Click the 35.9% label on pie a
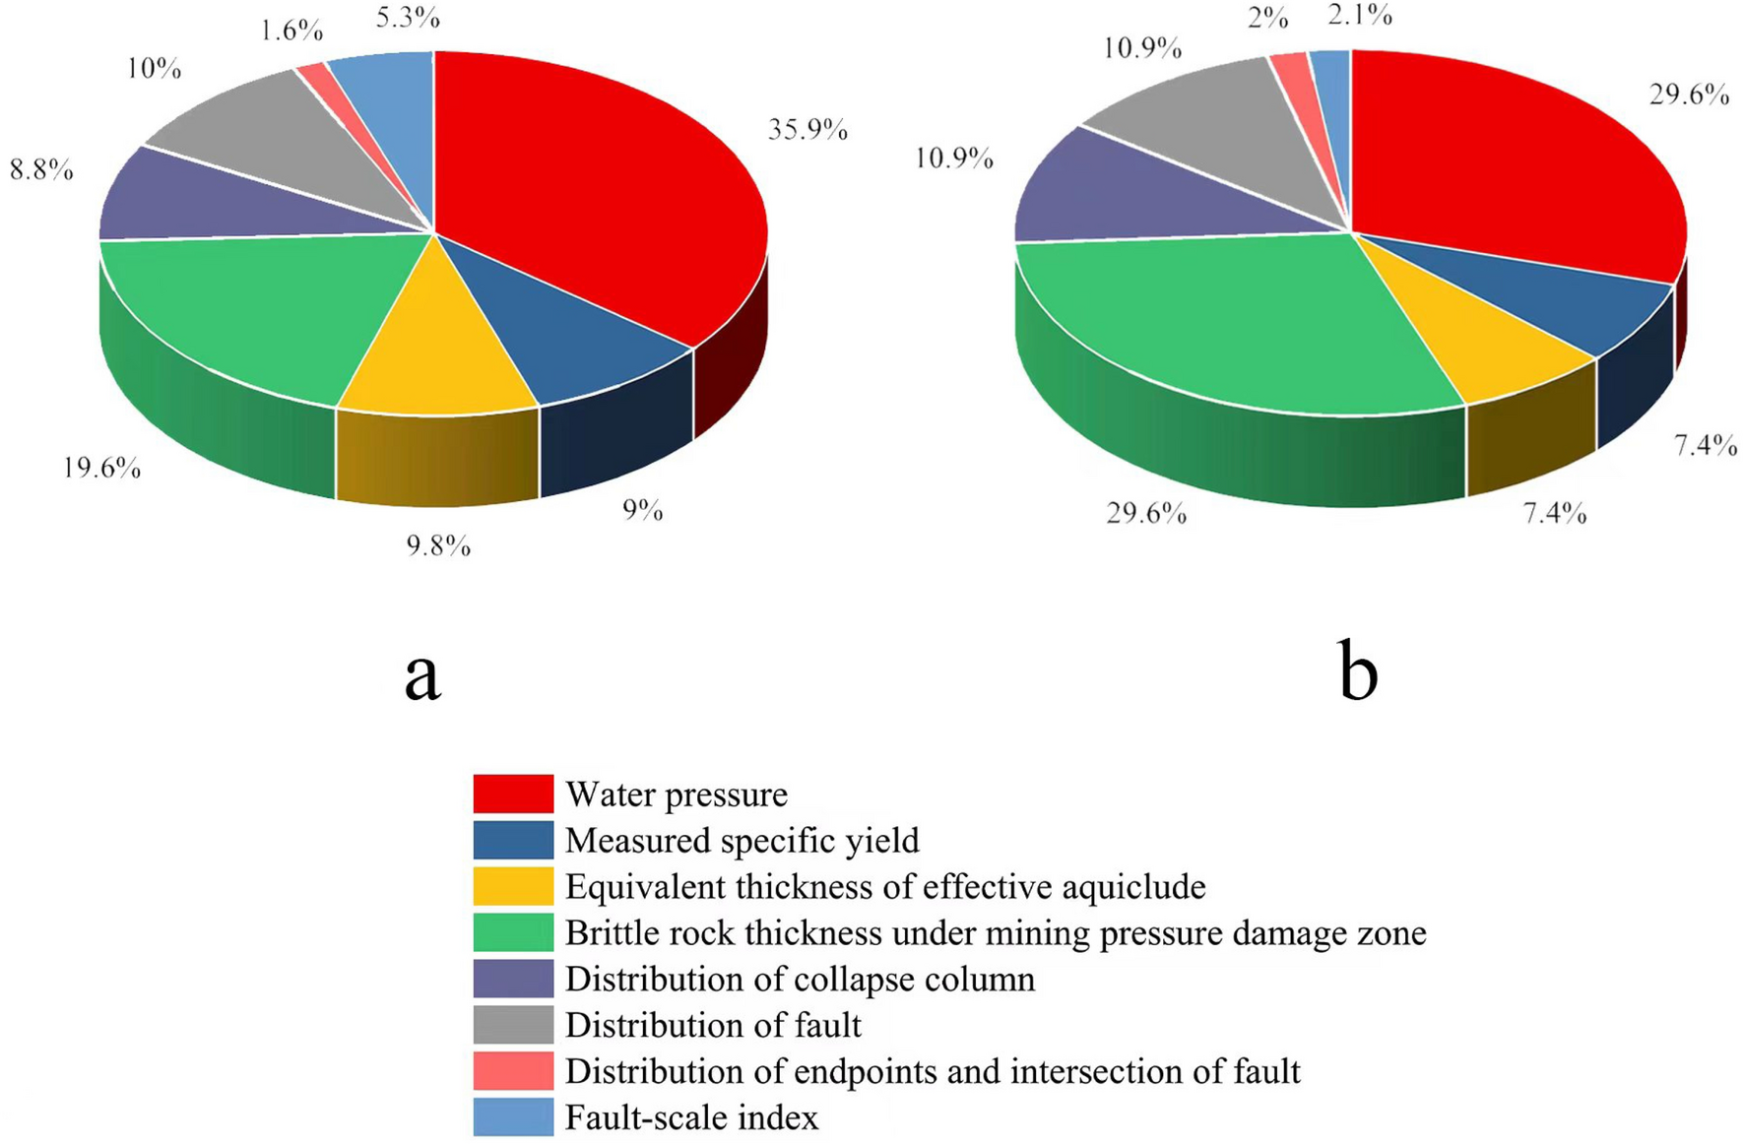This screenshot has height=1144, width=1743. pos(807,130)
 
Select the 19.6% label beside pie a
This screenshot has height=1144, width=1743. pos(101,467)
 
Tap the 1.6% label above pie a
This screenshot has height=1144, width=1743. pos(291,31)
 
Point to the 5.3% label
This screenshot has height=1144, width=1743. pos(408,17)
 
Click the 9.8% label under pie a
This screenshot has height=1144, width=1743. pos(438,544)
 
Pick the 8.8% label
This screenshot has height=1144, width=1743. pos(41,169)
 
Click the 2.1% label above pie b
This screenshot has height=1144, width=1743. pos(1360,15)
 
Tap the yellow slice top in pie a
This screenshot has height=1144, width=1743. pos(433,354)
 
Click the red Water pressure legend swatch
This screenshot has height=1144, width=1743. pos(513,794)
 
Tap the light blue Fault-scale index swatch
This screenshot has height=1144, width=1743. pos(513,1117)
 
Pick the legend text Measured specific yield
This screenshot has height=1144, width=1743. pos(742,841)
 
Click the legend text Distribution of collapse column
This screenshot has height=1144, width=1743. pos(800,980)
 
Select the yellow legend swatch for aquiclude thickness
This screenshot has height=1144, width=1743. pos(513,886)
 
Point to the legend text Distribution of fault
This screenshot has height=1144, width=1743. pos(713,1026)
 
